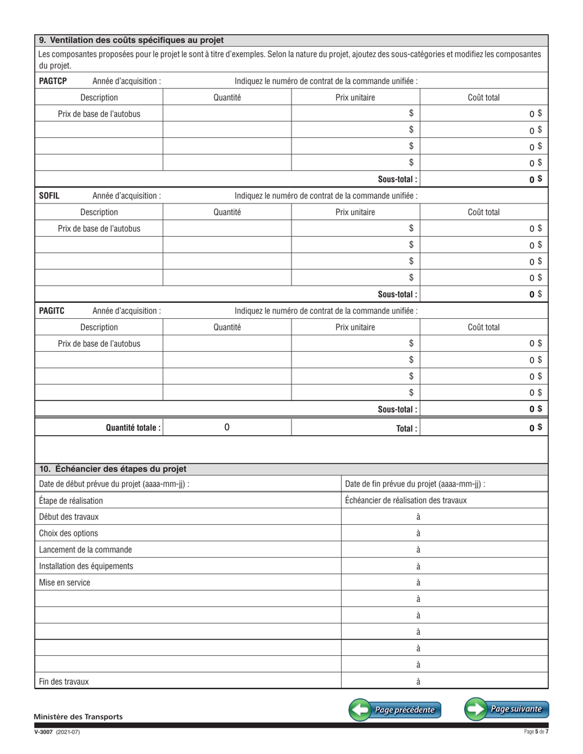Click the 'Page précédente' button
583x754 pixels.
coord(395,710)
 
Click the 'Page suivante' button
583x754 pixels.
coord(506,709)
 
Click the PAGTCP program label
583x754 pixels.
coord(53,81)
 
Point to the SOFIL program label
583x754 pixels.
coord(48,196)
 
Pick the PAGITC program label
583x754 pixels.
coord(52,311)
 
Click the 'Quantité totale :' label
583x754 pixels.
coord(134,427)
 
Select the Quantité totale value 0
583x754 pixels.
coord(227,427)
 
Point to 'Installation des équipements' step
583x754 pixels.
coord(86,566)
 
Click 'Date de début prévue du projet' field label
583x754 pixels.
coord(114,484)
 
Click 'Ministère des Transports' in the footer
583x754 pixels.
coord(78,717)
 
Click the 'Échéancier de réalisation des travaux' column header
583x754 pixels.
coord(406,500)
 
